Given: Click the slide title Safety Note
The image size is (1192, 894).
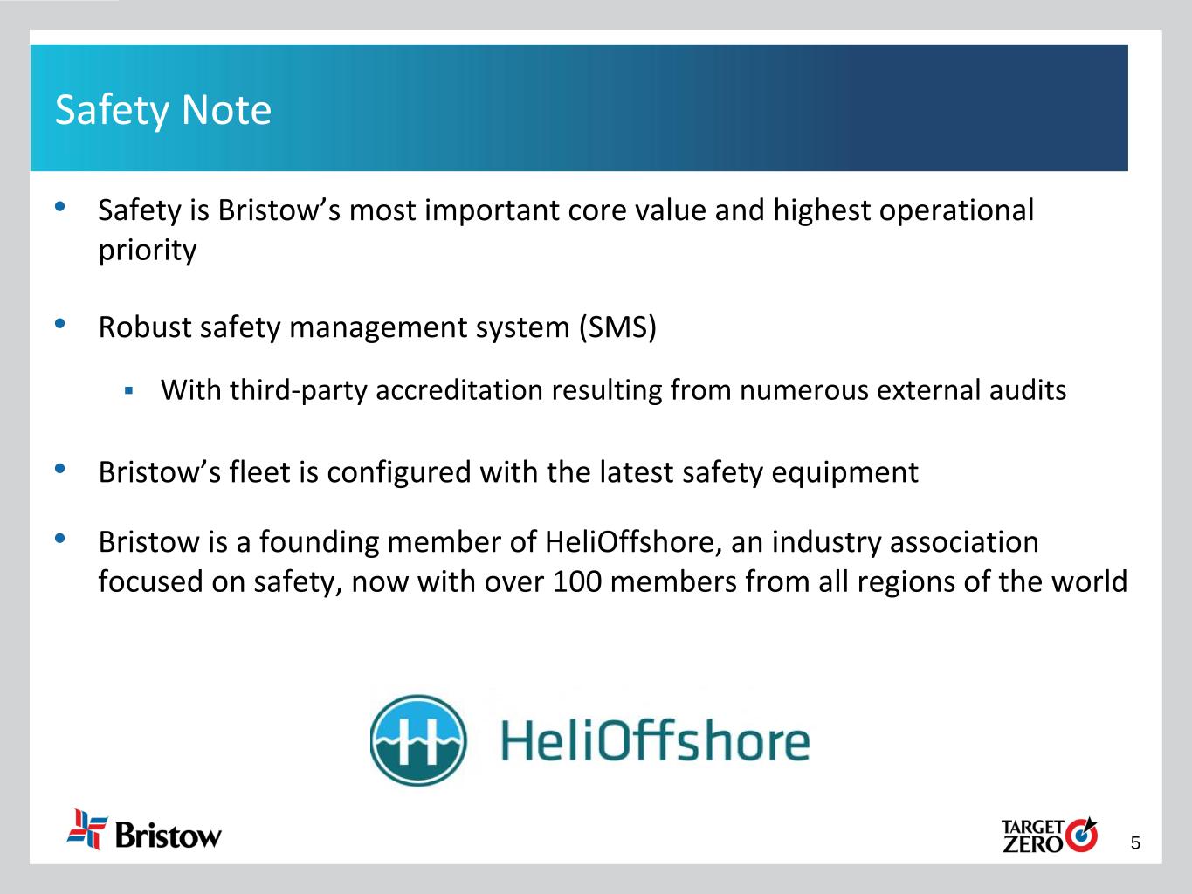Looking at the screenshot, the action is point(163,110).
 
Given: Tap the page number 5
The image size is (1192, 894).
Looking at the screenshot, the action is point(1135,843).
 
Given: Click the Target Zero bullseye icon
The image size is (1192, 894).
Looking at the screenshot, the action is point(1081,835).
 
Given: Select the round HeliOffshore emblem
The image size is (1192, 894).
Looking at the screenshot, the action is point(418,740).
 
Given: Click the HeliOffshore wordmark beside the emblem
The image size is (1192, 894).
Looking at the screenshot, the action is point(655,740).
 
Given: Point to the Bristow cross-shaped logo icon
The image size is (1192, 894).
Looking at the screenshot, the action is point(86,829).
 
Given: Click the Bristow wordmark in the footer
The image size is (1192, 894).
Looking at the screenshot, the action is point(169,835).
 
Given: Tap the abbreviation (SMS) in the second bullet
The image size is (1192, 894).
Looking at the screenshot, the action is point(617,327).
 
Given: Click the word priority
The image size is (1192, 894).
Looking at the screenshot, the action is point(148,251).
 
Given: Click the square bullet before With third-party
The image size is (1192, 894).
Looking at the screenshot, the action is point(128,390).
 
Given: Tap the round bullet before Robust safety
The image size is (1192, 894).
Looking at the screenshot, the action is point(59,324).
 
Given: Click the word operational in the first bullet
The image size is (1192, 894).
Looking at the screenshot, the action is point(957,211).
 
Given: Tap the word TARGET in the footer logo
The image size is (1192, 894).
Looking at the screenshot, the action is point(1032,827).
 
